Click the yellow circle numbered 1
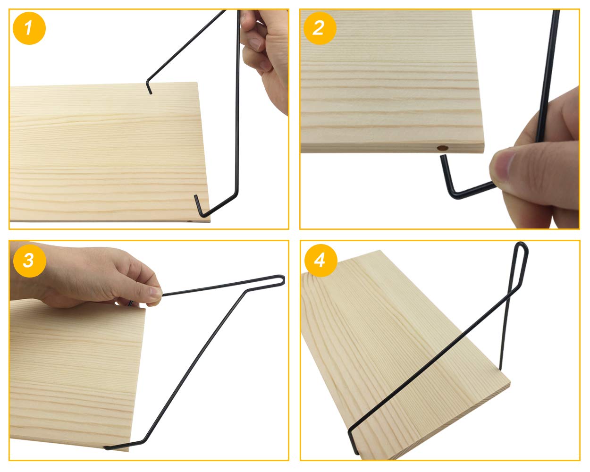[29, 28]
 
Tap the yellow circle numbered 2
[319, 28]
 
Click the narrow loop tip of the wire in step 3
[282, 279]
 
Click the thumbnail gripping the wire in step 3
[153, 293]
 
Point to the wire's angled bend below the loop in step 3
[245, 291]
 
